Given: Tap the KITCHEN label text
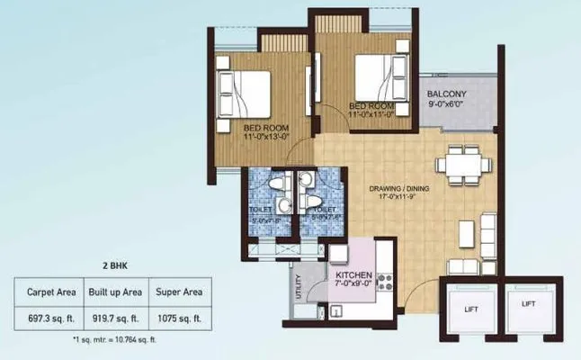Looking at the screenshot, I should tap(354, 274).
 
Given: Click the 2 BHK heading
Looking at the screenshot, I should tap(112, 267).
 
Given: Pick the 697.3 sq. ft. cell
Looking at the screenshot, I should tap(46, 318).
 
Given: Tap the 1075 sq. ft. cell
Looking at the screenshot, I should tap(181, 318).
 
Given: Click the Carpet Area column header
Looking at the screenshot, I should tap(46, 292).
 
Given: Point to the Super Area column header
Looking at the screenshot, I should tap(181, 292).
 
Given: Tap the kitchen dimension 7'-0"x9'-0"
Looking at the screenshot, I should tap(353, 285).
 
